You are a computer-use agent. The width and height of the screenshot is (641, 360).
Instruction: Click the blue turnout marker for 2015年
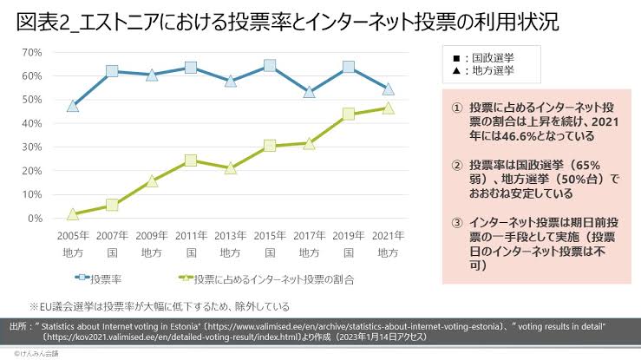click(270, 66)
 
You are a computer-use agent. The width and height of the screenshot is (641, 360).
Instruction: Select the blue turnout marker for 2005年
click(73, 107)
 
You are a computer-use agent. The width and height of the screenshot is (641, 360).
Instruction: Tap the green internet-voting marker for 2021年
click(389, 108)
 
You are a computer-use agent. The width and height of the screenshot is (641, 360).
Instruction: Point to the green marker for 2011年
click(191, 160)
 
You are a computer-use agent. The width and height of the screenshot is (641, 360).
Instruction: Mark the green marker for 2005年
click(73, 213)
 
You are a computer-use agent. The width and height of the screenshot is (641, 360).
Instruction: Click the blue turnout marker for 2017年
click(310, 91)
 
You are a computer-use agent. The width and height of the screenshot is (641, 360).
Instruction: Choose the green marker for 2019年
click(349, 115)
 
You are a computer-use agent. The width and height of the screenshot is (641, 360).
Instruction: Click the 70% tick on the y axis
click(31, 52)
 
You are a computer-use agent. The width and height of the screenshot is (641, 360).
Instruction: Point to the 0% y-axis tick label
click(35, 218)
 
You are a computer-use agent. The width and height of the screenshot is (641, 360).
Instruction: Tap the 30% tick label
click(31, 147)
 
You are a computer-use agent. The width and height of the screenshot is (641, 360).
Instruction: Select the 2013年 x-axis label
click(231, 235)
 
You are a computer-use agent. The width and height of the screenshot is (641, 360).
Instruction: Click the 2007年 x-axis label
click(113, 235)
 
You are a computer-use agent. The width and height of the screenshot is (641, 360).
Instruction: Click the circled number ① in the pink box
click(456, 106)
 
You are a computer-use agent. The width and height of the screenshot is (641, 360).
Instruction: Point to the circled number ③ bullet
click(456, 221)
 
